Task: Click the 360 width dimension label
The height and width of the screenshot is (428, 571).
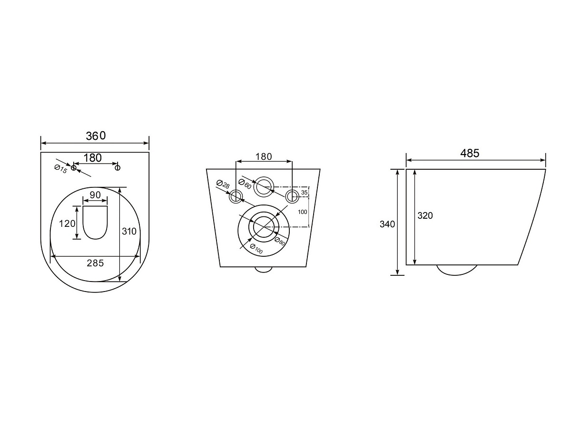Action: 96,136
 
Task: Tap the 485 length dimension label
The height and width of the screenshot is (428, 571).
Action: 470,153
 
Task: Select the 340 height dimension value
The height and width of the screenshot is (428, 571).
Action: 387,224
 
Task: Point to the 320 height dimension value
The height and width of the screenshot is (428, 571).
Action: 425,215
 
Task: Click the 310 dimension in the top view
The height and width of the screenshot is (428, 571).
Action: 129,231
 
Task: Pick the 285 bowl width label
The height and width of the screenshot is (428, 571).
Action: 95,263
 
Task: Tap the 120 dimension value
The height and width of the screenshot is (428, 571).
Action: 67,224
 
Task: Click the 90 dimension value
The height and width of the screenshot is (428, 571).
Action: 95,195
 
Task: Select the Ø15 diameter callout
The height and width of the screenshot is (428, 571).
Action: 60,169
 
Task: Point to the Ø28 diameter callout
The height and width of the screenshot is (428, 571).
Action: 223,184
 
